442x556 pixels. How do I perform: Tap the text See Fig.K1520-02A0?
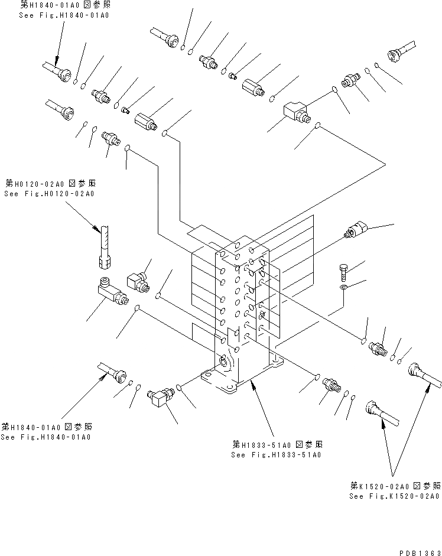(394, 496)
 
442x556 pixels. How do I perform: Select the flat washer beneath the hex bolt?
(344, 288)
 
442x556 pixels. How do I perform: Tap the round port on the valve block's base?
(225, 362)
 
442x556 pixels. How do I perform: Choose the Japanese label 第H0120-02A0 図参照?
(51, 183)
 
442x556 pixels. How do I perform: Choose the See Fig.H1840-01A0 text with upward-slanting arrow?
(46, 437)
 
